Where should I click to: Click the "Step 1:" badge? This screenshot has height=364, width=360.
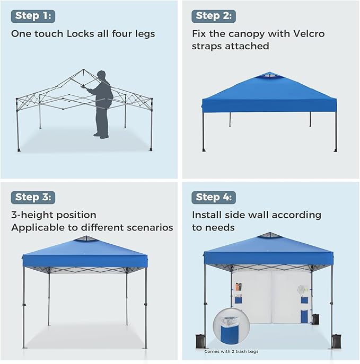click(x=33, y=15)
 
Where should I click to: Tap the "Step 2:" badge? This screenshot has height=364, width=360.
click(x=213, y=15)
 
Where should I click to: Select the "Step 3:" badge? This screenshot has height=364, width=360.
click(x=33, y=197)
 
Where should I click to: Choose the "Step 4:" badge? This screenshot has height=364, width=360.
click(x=213, y=197)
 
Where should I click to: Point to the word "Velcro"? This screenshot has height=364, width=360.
click(x=306, y=33)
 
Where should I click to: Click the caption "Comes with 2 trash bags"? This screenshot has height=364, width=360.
click(x=232, y=351)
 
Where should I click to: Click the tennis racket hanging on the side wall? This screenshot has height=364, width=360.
click(x=301, y=290)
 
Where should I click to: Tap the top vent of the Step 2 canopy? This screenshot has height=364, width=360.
click(x=269, y=76)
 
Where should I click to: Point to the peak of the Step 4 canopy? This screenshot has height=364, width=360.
click(x=270, y=235)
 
